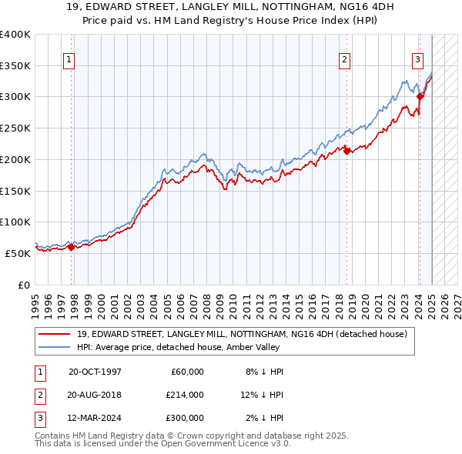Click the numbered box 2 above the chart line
click(344, 59)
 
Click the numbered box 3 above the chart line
click(417, 59)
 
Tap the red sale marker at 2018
click(346, 151)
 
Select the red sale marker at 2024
click(420, 96)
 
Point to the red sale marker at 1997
click(72, 247)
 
